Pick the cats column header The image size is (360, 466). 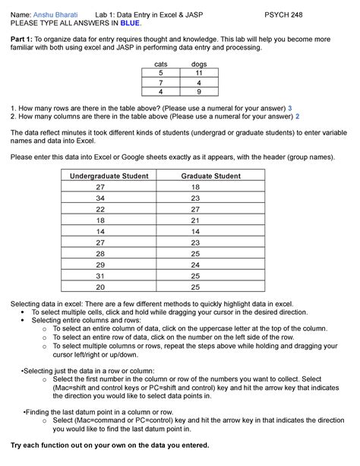pos(160,66)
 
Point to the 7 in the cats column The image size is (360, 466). pos(160,83)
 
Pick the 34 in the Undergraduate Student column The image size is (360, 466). pos(100,198)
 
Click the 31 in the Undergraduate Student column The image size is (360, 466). pos(100,276)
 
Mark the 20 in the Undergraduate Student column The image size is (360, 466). pos(100,287)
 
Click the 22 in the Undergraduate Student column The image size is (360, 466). pos(100,209)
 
